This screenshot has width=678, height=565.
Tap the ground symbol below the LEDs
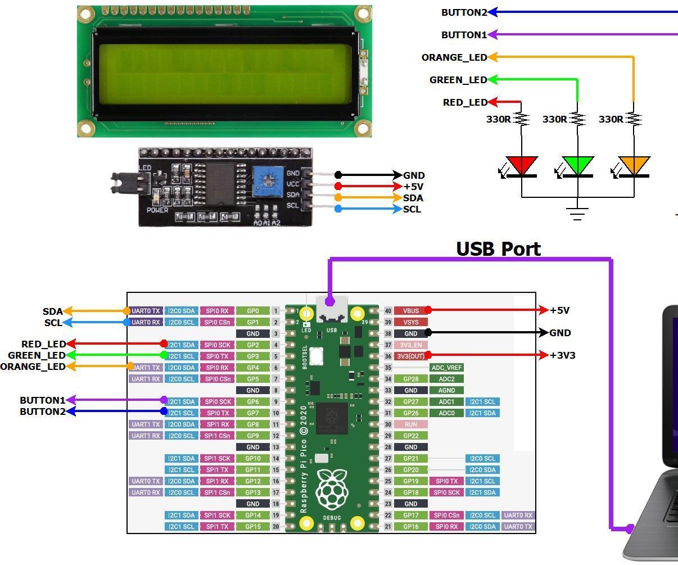click(578, 213)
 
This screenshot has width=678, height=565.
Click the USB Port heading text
click(498, 248)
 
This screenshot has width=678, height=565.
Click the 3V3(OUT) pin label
click(410, 356)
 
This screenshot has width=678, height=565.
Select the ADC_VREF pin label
click(447, 368)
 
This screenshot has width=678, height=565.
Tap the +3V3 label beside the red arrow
click(563, 355)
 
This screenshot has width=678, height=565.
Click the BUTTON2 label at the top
click(464, 12)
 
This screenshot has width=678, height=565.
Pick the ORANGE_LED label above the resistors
click(454, 57)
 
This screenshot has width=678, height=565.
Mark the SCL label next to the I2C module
click(412, 209)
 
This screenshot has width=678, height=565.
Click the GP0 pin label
click(252, 311)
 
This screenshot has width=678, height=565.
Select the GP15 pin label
click(252, 527)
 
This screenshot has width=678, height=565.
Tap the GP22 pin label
click(410, 436)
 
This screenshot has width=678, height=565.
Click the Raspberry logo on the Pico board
click(332, 489)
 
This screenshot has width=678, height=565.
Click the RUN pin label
click(410, 424)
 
